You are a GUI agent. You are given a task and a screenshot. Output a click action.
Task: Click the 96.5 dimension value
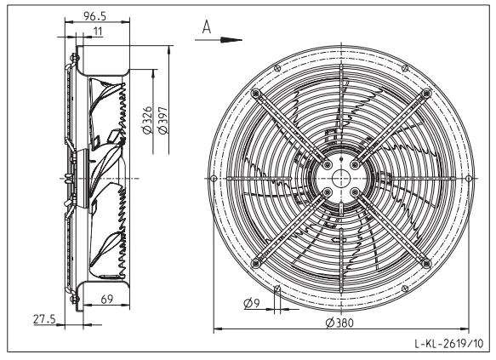(94, 16)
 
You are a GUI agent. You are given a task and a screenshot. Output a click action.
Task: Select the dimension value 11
(98, 31)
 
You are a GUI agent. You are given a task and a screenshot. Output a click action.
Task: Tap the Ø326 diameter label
(147, 120)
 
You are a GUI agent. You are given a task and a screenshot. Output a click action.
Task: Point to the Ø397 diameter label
(163, 120)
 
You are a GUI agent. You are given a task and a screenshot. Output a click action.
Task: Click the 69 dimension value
(107, 299)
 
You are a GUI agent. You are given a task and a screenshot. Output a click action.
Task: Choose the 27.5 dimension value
(44, 319)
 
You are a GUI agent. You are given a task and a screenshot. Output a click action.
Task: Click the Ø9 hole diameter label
(252, 303)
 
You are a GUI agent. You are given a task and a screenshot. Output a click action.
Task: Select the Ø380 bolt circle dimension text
(339, 323)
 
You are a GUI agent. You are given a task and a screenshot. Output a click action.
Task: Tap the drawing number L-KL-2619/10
(449, 343)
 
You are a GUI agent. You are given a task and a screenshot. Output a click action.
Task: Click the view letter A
(207, 27)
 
